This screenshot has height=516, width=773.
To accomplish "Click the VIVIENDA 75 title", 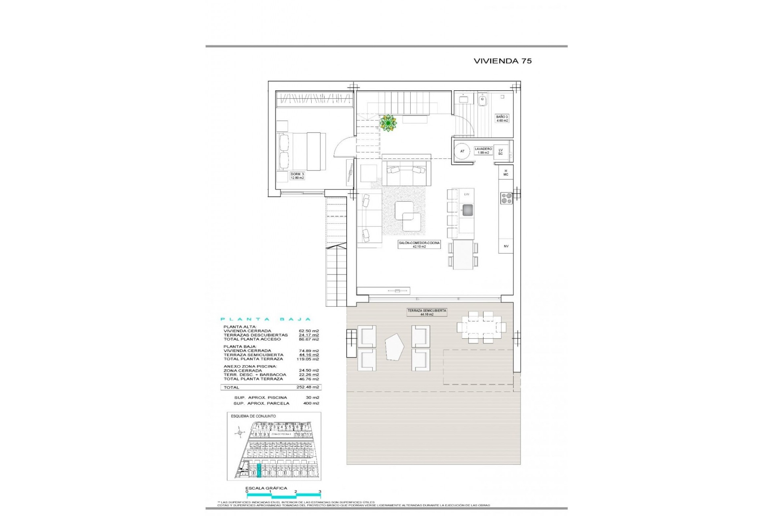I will coord(502,61).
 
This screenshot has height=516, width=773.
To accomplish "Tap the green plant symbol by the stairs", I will coord(388,123).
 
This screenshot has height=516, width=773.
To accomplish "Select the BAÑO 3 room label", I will coord(502,119).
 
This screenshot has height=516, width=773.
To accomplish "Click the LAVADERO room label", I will coord(483,150).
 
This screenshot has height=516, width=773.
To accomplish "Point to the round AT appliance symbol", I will coord(462,151).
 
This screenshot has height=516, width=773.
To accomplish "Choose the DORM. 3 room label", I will coord(297,176).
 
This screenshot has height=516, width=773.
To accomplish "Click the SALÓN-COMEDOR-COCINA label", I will coord(419,245).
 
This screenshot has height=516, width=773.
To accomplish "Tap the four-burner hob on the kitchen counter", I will coord(506,198).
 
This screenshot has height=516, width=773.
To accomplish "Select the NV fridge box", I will coord(506,246).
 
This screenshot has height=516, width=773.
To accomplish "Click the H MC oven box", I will coord(506,173).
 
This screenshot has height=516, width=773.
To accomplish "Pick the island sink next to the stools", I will coord(467,210).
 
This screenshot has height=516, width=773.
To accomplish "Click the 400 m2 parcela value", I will coord(311,403).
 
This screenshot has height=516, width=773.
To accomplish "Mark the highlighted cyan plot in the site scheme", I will coord(259,470).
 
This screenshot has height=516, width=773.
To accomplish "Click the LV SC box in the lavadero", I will coord(500,152).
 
